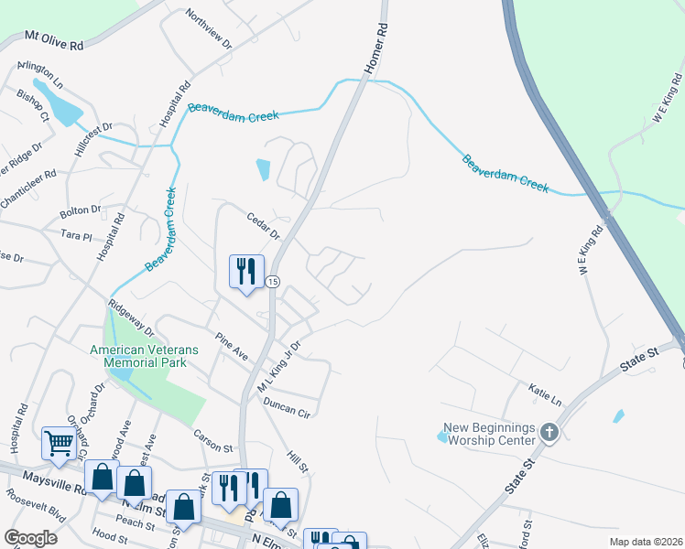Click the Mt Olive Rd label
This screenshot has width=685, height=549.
tap(54, 41)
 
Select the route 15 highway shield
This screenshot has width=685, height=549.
tap(273, 281)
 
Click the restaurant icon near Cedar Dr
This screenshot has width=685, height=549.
tap(245, 271)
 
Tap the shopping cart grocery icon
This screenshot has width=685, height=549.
tap(59, 444)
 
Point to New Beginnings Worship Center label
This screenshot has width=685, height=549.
tap(489, 434)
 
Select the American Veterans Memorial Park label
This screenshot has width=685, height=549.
tap(138, 356)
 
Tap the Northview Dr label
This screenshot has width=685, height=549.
tap(209, 28)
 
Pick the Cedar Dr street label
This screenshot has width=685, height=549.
tap(263, 225)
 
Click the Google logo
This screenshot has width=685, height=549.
tap(31, 538)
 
